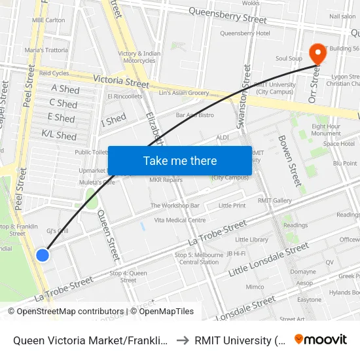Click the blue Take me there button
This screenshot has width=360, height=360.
coord(180,160)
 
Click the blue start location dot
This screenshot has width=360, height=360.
coord(43,255)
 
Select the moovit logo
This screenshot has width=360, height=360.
coord(321,339)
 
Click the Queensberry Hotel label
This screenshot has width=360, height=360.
coord(245,33)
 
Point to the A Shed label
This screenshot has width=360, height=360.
coord(65,89)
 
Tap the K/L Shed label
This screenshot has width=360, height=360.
coord(59,135)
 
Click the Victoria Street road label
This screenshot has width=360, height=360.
coord(121,82)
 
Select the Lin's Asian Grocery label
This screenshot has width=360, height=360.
coord(184,93)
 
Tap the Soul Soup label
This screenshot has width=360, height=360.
coord(289,59)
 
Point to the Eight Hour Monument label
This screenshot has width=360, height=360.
coord(326,130)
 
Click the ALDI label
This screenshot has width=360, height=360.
coord(223,137)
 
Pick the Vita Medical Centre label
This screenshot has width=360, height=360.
coord(180,220)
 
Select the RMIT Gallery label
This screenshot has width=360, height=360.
coord(274,200)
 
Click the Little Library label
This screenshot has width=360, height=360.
coord(252,240)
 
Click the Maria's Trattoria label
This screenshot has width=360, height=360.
coord(46,50)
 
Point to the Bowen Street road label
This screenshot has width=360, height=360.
coord(289,160)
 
